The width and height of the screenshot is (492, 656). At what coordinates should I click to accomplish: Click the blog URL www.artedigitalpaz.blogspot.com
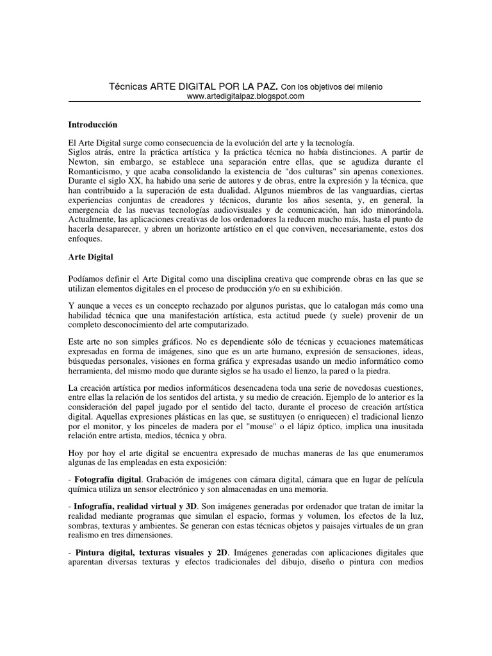(x=245, y=96)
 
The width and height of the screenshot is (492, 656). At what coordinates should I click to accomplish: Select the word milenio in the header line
(x=368, y=86)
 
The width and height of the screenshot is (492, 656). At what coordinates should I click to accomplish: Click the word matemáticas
(x=396, y=343)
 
